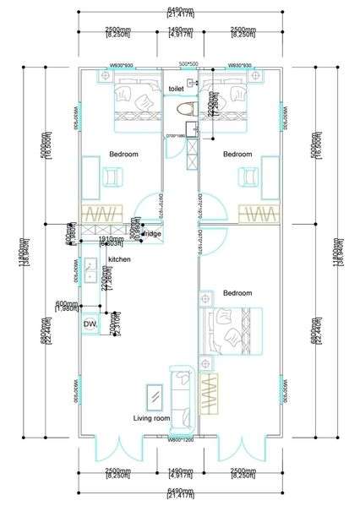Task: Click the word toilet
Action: click(176, 89)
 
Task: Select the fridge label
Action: click(152, 233)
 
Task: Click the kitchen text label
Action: click(119, 259)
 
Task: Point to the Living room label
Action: click(152, 418)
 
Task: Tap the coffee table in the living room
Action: click(155, 395)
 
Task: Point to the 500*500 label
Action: click(188, 65)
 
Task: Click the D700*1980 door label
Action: click(175, 135)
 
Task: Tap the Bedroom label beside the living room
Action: click(237, 293)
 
